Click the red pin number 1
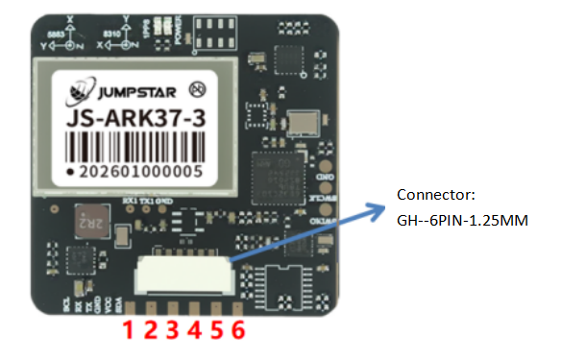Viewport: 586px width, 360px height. (x=125, y=331)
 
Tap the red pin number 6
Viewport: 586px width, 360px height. (x=239, y=331)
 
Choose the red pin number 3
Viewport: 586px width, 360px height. (x=172, y=331)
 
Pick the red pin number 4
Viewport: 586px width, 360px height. (x=195, y=331)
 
